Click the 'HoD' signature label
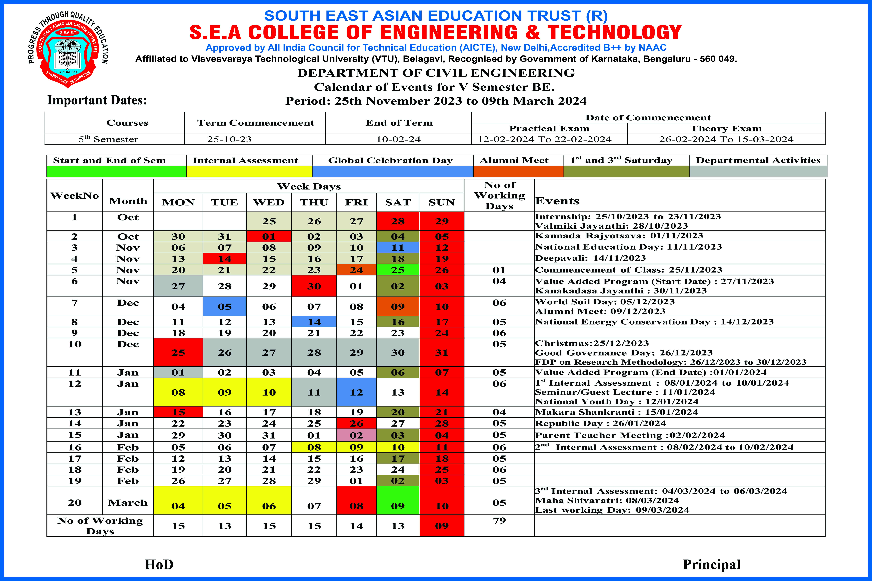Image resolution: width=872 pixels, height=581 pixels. pos(159,564)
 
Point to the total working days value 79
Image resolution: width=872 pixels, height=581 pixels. pos(499,521)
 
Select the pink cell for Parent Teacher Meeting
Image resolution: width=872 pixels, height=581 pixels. pos(356,435)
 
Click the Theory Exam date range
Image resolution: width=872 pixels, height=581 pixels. pos(726,139)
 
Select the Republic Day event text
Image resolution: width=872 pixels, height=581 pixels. pos(600,423)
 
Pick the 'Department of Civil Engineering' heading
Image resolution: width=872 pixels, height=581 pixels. pos(436,73)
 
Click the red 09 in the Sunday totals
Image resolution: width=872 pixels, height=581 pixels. pos(442,526)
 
